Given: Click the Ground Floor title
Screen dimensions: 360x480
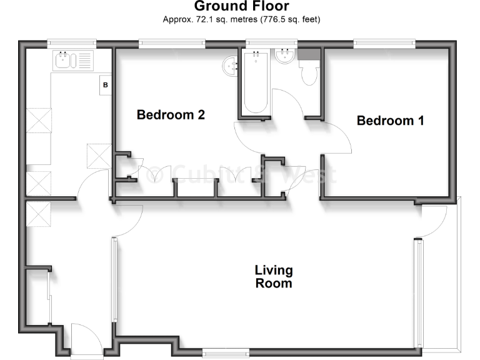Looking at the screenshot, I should pyautogui.click(x=241, y=7).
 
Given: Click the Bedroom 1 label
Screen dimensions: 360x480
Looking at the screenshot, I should pyautogui.click(x=390, y=121).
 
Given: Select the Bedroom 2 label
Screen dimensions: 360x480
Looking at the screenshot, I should pyautogui.click(x=171, y=115).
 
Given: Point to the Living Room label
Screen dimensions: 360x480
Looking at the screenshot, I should pyautogui.click(x=274, y=277).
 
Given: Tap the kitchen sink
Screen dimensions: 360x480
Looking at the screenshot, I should pyautogui.click(x=64, y=60).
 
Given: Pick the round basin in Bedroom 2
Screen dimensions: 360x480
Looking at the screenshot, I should pyautogui.click(x=231, y=64).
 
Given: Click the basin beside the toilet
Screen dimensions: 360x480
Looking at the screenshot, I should pyautogui.click(x=285, y=57).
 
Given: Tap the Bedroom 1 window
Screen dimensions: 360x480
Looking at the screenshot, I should pyautogui.click(x=384, y=44).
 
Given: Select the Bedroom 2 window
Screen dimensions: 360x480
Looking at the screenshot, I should pyautogui.click(x=172, y=44).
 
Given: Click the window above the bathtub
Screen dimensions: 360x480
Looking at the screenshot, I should pyautogui.click(x=263, y=44).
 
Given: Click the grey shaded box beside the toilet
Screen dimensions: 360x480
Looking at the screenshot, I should pyautogui.click(x=308, y=54).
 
